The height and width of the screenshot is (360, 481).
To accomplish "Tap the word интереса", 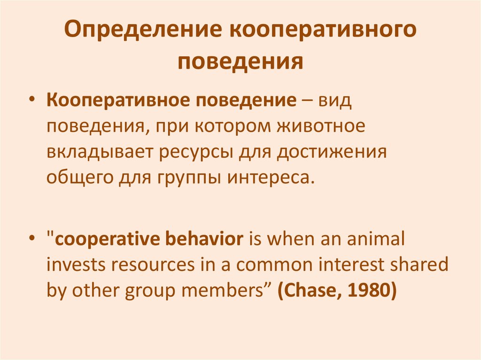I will tap(270, 178).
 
